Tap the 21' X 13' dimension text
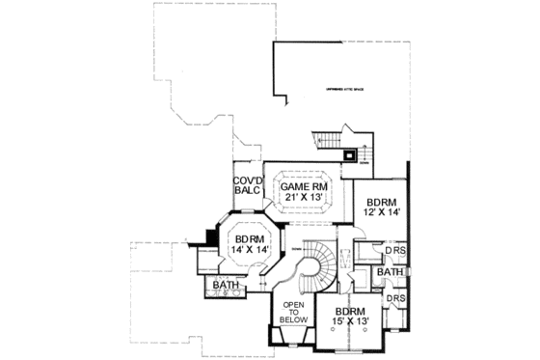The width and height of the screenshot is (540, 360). (x=301, y=198)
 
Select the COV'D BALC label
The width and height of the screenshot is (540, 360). (x=244, y=185)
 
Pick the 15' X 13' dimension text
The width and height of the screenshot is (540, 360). (x=349, y=324)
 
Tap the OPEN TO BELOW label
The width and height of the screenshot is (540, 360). (x=293, y=314)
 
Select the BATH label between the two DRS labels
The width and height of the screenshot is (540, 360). (x=390, y=273)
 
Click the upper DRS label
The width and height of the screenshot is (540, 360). (x=393, y=254)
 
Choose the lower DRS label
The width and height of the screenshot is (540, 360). (x=394, y=299)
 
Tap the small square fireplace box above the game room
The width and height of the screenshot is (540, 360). (x=348, y=152)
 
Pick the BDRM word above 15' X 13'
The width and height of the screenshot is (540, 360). (x=349, y=312)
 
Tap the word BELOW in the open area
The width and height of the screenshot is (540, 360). (x=293, y=320)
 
